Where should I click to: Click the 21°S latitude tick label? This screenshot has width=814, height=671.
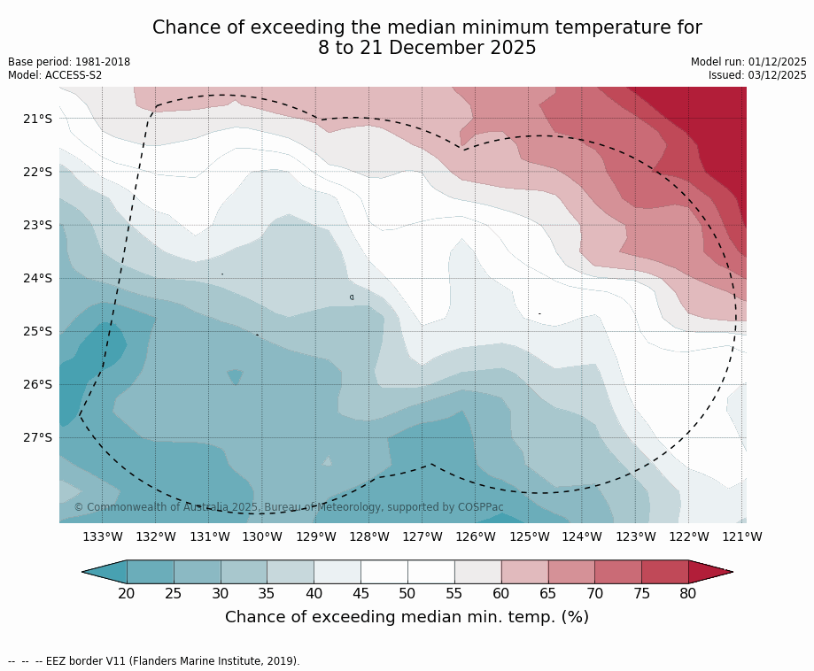[x=37, y=119]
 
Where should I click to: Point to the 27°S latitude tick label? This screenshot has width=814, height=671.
[x=37, y=437]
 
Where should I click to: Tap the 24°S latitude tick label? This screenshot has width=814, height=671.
[x=37, y=278]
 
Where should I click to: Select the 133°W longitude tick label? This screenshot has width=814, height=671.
[x=103, y=536]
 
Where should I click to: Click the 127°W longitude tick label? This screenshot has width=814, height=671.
[x=423, y=536]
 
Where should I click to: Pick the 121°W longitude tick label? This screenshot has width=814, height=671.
[x=742, y=536]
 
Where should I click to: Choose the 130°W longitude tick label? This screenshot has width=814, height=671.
[x=262, y=536]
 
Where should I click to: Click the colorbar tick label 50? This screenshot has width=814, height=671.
[x=407, y=593]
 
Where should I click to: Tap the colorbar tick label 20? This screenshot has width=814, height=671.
[x=127, y=593]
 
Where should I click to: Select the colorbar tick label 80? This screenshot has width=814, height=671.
[x=688, y=593]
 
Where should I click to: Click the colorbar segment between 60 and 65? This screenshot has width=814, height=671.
[x=524, y=572]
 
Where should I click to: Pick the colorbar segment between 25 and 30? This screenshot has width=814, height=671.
[x=197, y=572]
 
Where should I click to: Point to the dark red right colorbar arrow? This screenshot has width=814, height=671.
[x=709, y=572]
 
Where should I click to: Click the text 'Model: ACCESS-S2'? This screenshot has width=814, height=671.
[x=55, y=75]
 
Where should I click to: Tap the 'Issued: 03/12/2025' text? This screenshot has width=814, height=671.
[x=757, y=75]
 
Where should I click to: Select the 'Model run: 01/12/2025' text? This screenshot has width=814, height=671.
[x=748, y=62]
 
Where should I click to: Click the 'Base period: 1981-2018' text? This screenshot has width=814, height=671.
[x=69, y=62]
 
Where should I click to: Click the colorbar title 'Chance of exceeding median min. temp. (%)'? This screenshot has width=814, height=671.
[x=407, y=617]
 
